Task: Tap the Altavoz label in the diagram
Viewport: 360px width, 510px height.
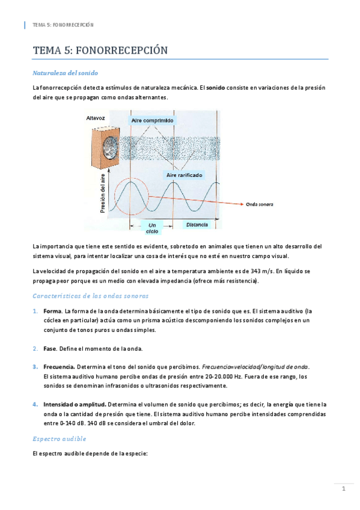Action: click(96, 119)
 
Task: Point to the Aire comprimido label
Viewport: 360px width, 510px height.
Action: click(153, 120)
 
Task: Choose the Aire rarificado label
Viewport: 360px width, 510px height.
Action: click(185, 175)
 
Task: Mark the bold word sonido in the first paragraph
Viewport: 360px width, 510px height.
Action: click(216, 88)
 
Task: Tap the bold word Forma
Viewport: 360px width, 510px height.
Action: click(52, 311)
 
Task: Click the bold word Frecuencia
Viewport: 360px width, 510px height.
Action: click(59, 367)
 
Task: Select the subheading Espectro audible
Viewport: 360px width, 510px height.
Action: click(59, 438)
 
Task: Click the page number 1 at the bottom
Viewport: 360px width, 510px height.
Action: click(343, 489)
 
